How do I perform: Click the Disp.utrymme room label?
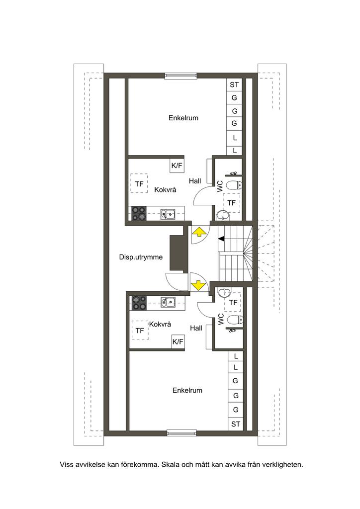141,257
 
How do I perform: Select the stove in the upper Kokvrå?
139,214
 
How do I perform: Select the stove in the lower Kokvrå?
139,303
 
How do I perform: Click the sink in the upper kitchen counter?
168,214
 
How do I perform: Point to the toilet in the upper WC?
234,185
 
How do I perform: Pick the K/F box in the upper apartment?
177,166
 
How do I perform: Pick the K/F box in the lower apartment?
178,341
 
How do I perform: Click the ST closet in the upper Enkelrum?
234,85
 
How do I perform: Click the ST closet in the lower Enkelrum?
236,424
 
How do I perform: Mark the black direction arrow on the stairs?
221,239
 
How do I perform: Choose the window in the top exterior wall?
181,76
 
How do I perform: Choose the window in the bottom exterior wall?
181,432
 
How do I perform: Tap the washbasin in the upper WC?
222,215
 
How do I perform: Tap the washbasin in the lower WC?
224,293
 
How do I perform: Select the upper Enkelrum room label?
183,118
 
